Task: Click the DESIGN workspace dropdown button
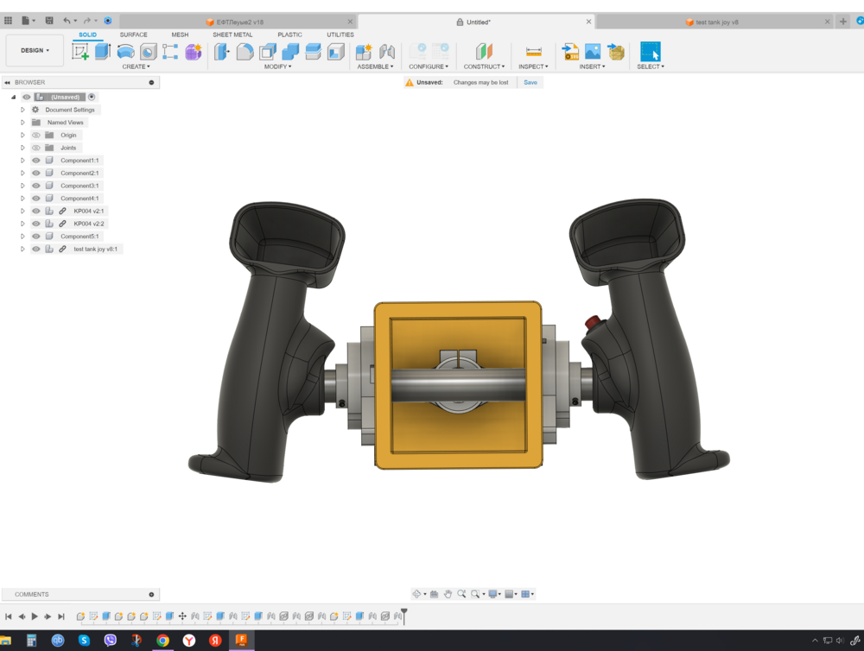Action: click(35, 50)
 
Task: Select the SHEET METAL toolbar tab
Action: click(232, 35)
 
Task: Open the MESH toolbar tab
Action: click(180, 35)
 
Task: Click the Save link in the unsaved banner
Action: click(530, 82)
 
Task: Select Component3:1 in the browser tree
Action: click(79, 186)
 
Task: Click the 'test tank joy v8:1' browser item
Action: click(95, 249)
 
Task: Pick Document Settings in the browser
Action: click(70, 110)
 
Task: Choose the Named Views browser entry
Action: click(65, 123)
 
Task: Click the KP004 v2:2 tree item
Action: click(89, 224)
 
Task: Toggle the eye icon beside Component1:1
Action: click(36, 161)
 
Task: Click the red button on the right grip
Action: click(593, 323)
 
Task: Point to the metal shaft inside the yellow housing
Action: click(458, 385)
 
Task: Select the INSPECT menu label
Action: click(532, 66)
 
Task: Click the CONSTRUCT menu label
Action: click(483, 66)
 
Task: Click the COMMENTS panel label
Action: click(32, 594)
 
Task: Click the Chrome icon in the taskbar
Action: click(162, 641)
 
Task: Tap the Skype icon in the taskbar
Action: click(84, 641)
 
